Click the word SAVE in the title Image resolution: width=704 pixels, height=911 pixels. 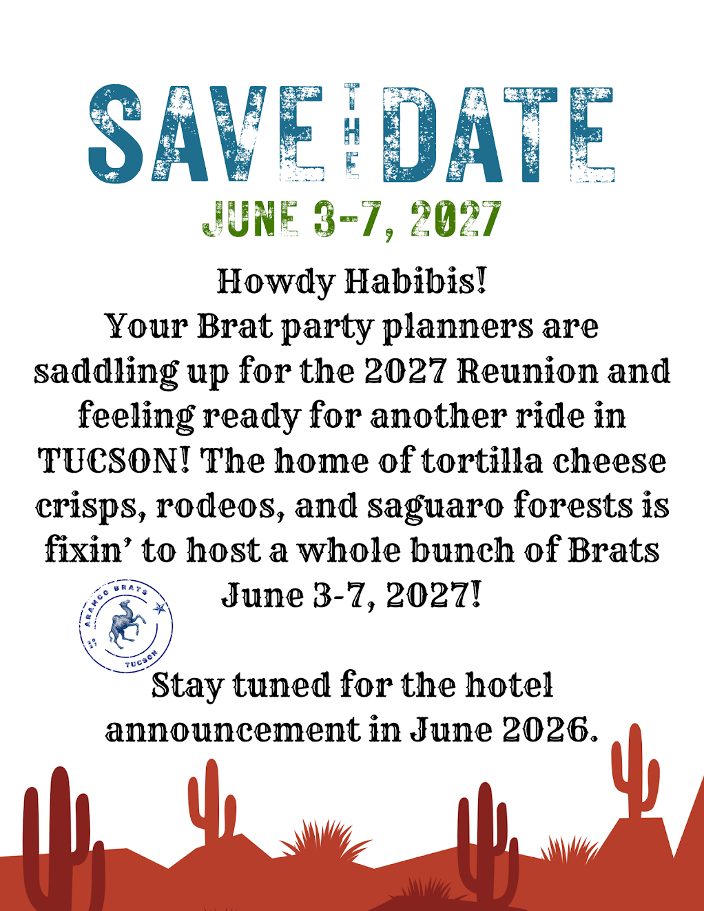206,133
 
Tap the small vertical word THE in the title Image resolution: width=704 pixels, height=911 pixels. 351,131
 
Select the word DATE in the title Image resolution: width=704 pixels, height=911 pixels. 499,134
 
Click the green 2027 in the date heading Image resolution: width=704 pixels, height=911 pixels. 456,219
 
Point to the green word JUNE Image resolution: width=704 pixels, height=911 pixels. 251,219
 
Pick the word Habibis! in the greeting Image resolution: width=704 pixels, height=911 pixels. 415,281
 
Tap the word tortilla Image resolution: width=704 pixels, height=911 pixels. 482,461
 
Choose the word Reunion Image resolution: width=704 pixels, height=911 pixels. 527,371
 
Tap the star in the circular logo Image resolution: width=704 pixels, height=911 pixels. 159,608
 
